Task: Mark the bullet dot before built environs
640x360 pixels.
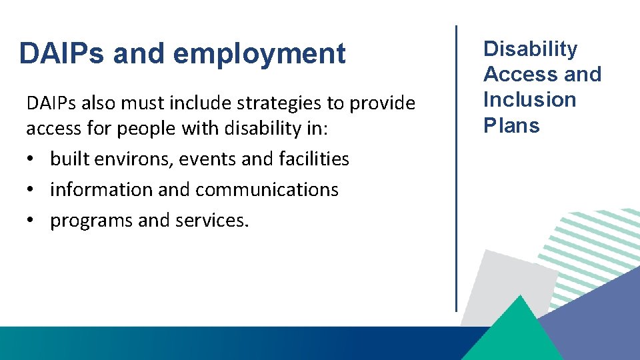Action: [32, 159]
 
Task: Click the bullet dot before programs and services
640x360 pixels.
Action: [32, 221]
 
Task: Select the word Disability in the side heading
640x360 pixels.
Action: [530, 49]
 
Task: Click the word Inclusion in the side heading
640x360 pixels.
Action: [529, 99]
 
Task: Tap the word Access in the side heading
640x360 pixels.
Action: [517, 74]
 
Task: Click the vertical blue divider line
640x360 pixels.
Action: [457, 167]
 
